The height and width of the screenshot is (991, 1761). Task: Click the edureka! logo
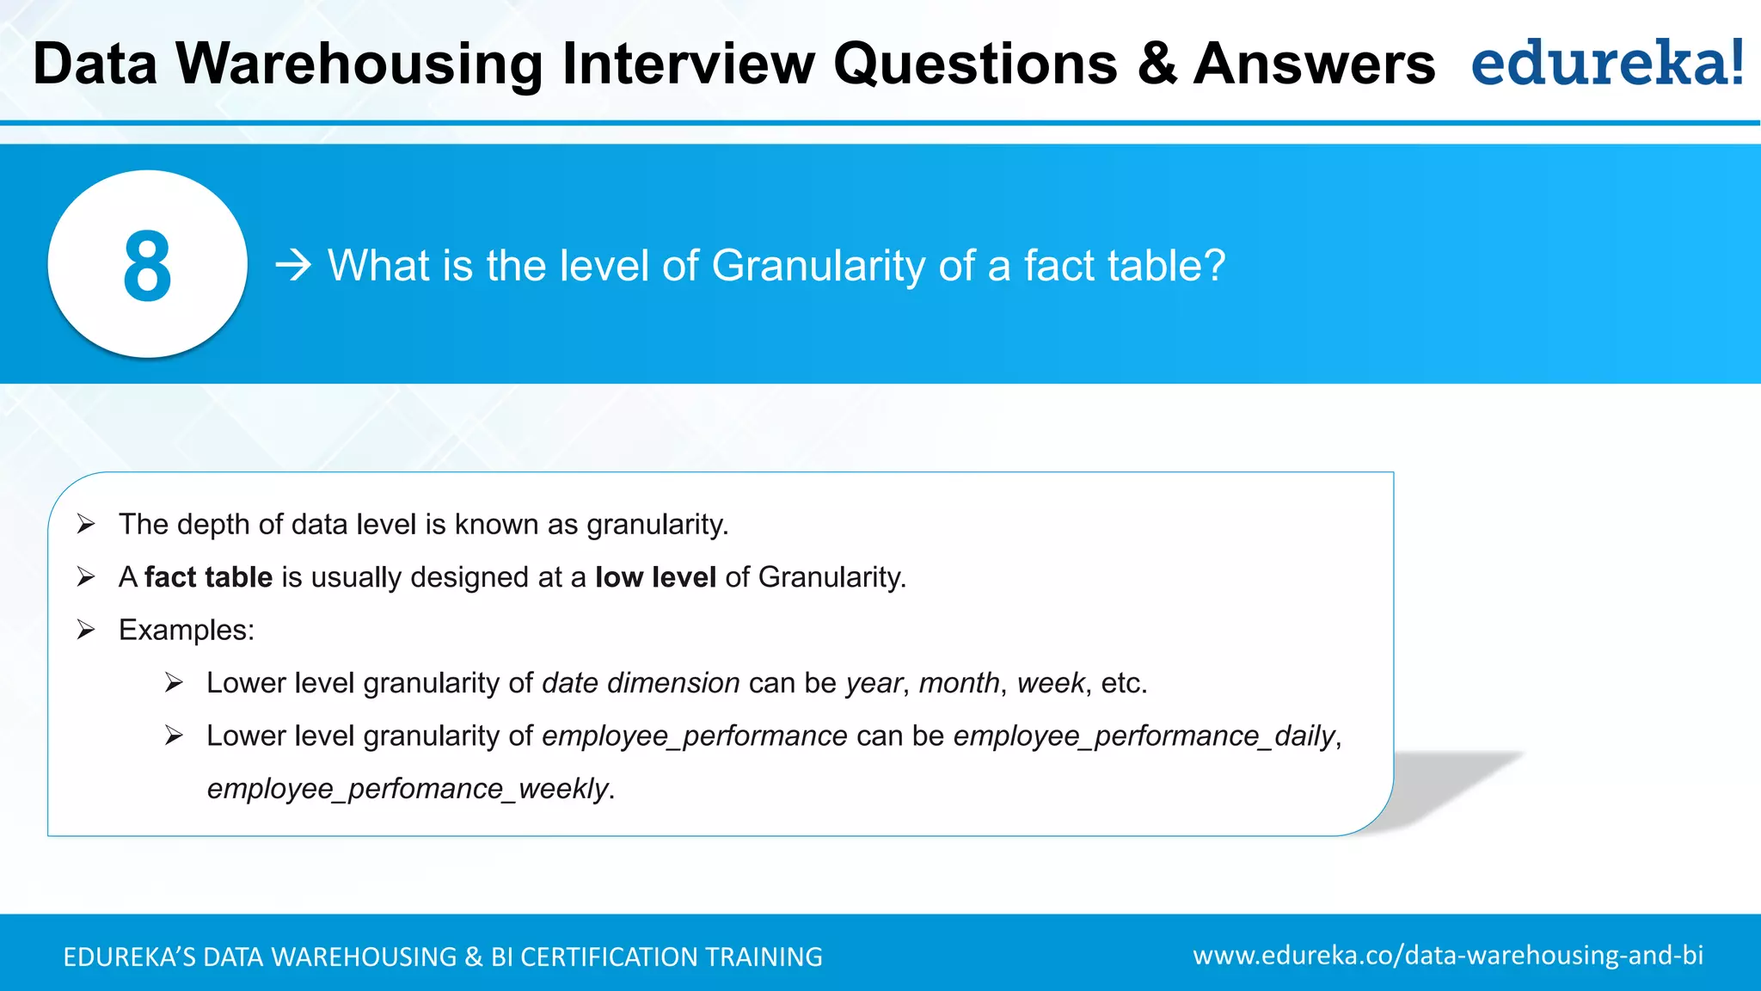click(x=1607, y=63)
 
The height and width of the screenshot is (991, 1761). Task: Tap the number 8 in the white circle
click(x=147, y=267)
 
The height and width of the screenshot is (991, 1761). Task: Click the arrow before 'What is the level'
click(x=293, y=265)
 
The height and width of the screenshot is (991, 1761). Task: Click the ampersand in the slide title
click(x=1157, y=64)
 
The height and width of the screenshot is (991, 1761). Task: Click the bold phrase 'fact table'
click(x=208, y=577)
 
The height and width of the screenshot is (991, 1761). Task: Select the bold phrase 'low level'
click(x=655, y=577)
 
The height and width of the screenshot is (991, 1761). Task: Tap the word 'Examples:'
click(x=187, y=631)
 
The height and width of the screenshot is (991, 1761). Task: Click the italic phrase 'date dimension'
click(x=641, y=683)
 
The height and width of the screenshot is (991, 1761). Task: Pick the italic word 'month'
click(x=959, y=683)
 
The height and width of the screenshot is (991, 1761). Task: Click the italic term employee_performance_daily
click(x=1144, y=736)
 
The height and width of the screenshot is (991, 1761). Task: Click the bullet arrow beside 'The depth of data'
click(x=85, y=524)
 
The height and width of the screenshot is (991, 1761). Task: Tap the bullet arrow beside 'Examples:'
click(x=85, y=630)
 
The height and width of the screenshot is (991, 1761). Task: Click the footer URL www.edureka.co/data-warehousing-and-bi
click(x=1448, y=955)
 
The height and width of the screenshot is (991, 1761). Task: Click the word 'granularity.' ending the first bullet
click(x=658, y=525)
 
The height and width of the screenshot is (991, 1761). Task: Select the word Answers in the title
click(x=1314, y=64)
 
